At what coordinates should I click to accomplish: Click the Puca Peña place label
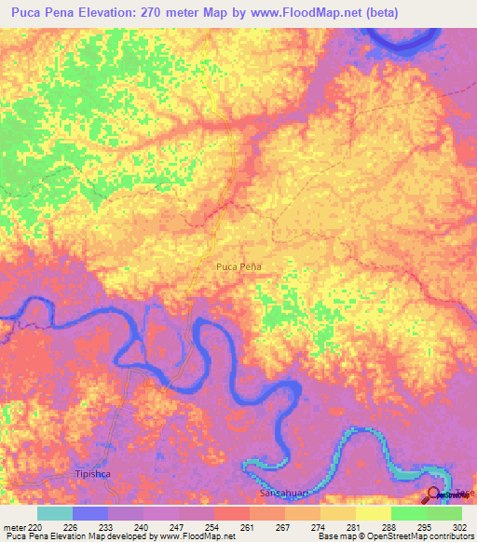[238, 267]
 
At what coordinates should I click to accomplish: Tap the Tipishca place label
[91, 475]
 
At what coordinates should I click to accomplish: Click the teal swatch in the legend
[55, 513]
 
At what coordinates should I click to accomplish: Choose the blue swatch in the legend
[90, 513]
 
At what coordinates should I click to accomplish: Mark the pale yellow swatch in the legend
[374, 513]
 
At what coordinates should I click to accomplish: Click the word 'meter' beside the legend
[12, 527]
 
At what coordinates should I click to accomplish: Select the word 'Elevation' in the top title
[110, 13]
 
